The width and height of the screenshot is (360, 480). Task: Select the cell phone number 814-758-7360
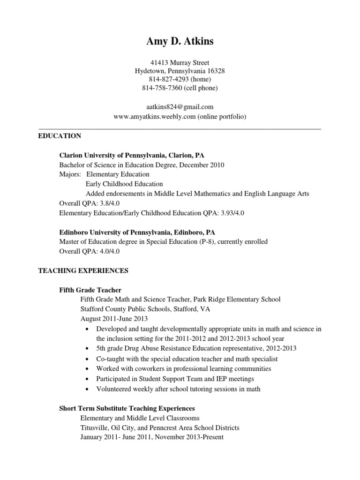[160, 88]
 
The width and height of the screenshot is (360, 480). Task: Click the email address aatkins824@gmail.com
[180, 107]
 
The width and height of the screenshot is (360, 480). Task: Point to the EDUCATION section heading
[60, 136]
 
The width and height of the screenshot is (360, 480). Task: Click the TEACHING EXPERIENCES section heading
[83, 271]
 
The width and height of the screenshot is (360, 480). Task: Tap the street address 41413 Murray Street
[180, 62]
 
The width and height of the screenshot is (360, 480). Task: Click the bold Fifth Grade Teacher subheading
[90, 290]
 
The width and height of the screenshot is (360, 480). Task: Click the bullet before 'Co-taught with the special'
[88, 359]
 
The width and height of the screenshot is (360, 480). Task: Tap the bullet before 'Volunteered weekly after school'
[88, 389]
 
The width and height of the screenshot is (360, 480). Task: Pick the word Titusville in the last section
[94, 427]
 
